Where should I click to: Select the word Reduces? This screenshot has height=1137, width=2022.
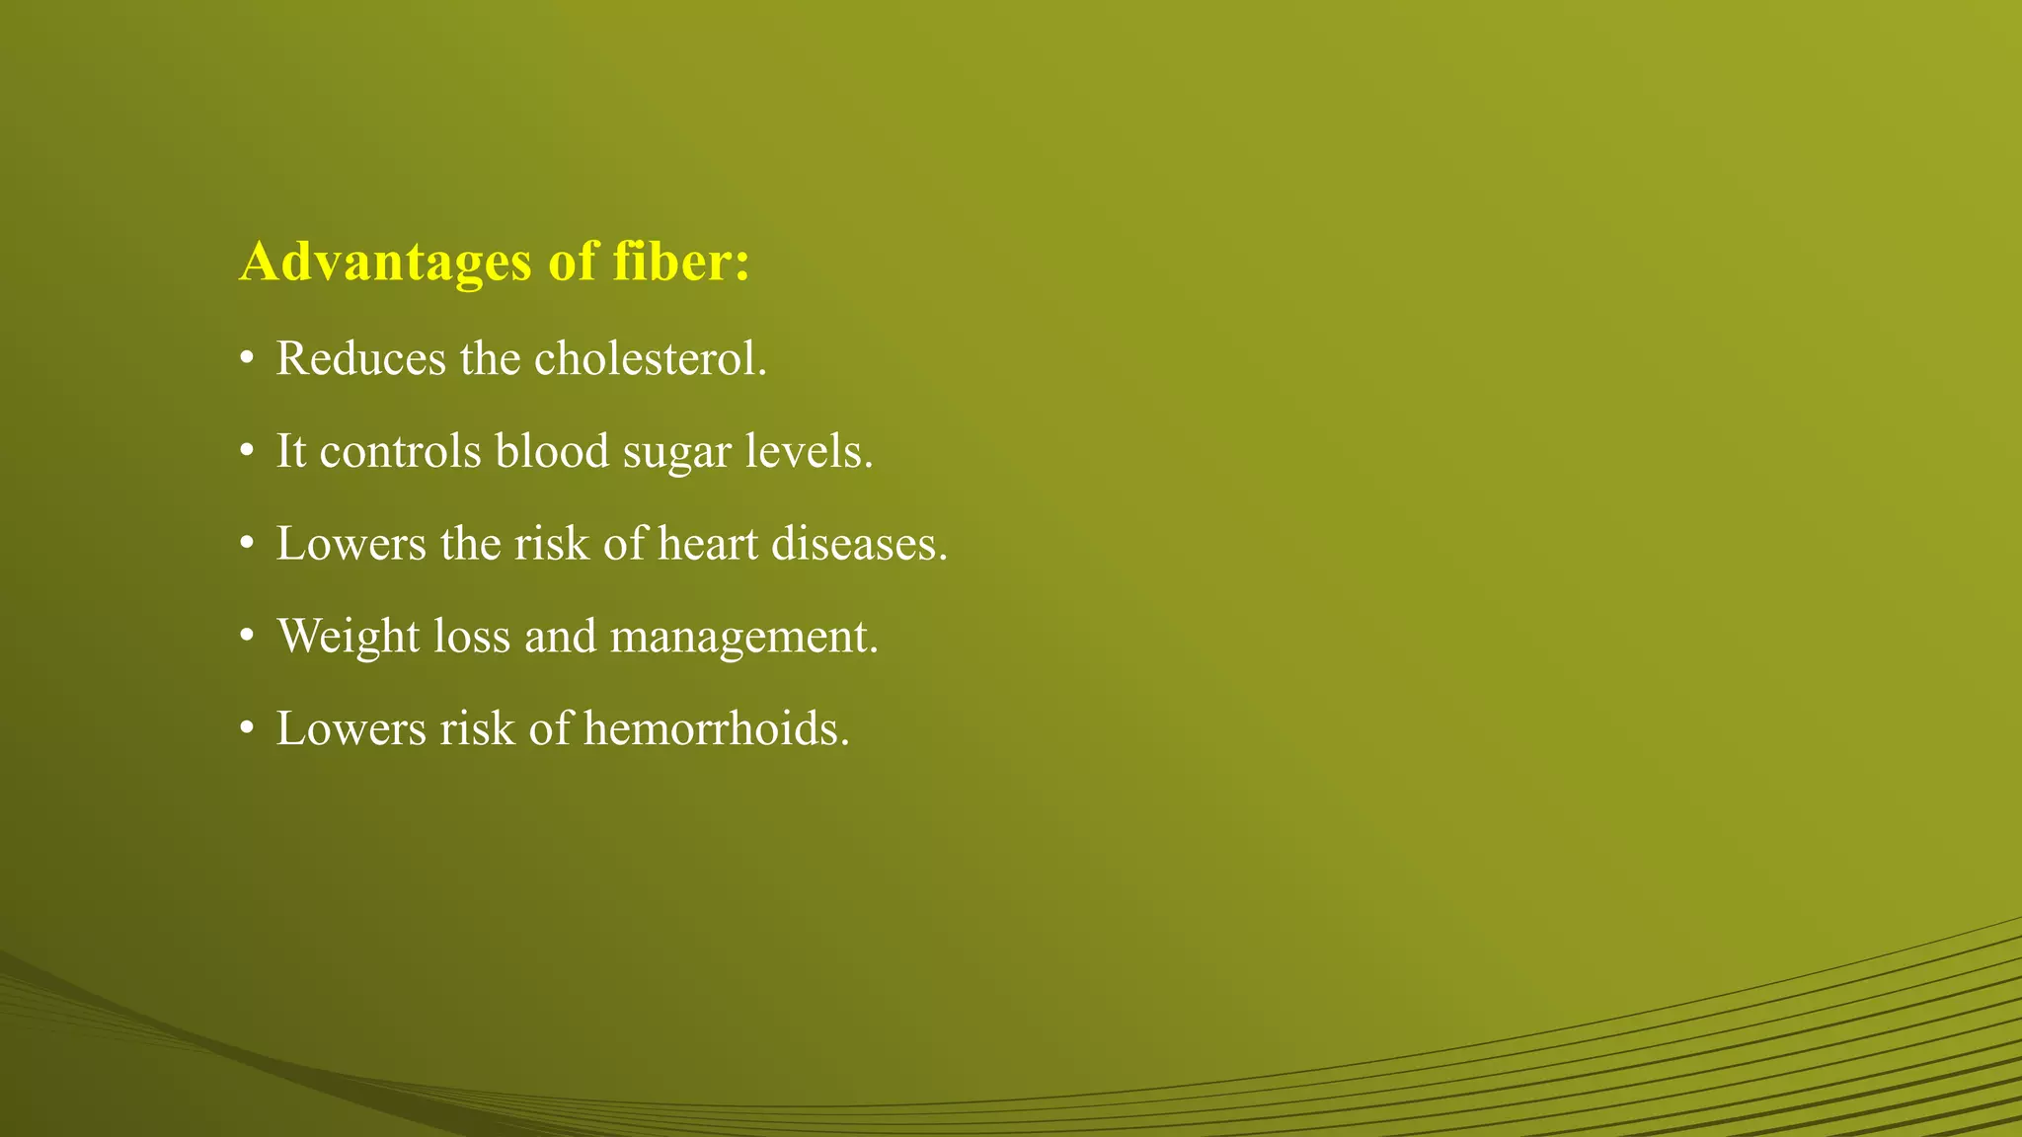[360, 358]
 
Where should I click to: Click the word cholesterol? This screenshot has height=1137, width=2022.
[651, 358]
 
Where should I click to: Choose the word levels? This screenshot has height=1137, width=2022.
[810, 451]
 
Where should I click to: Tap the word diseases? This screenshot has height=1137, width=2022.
[859, 544]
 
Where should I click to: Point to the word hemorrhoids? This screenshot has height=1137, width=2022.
[716, 729]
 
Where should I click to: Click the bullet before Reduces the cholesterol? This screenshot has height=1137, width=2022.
[246, 359]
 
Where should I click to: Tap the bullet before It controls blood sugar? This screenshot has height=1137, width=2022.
[246, 452]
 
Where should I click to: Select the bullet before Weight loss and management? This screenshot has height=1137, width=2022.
[246, 638]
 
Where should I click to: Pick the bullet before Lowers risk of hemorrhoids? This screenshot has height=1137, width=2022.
[246, 730]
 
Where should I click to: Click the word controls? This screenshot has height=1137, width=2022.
[401, 451]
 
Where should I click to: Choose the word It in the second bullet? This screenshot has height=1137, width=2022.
[290, 451]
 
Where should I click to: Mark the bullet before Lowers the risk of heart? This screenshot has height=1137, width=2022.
[246, 545]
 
